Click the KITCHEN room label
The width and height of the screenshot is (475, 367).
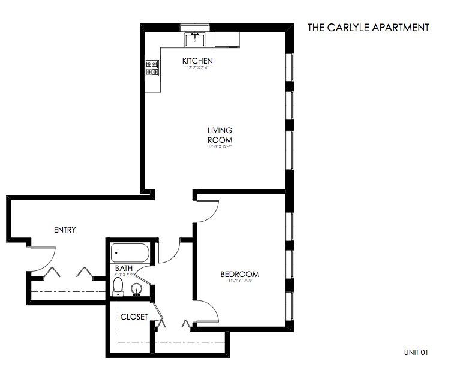click(x=198, y=61)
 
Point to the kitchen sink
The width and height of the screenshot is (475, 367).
click(x=195, y=40)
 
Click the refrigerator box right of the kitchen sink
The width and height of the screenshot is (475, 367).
click(x=227, y=40)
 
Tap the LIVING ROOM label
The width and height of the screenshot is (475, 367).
click(x=220, y=135)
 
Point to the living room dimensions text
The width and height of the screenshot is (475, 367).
click(x=220, y=146)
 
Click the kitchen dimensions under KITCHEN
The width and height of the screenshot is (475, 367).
click(x=197, y=68)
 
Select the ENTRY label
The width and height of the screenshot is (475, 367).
click(x=65, y=230)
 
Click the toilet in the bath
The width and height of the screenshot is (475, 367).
click(x=118, y=286)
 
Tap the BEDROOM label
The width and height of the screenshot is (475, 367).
click(x=243, y=274)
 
